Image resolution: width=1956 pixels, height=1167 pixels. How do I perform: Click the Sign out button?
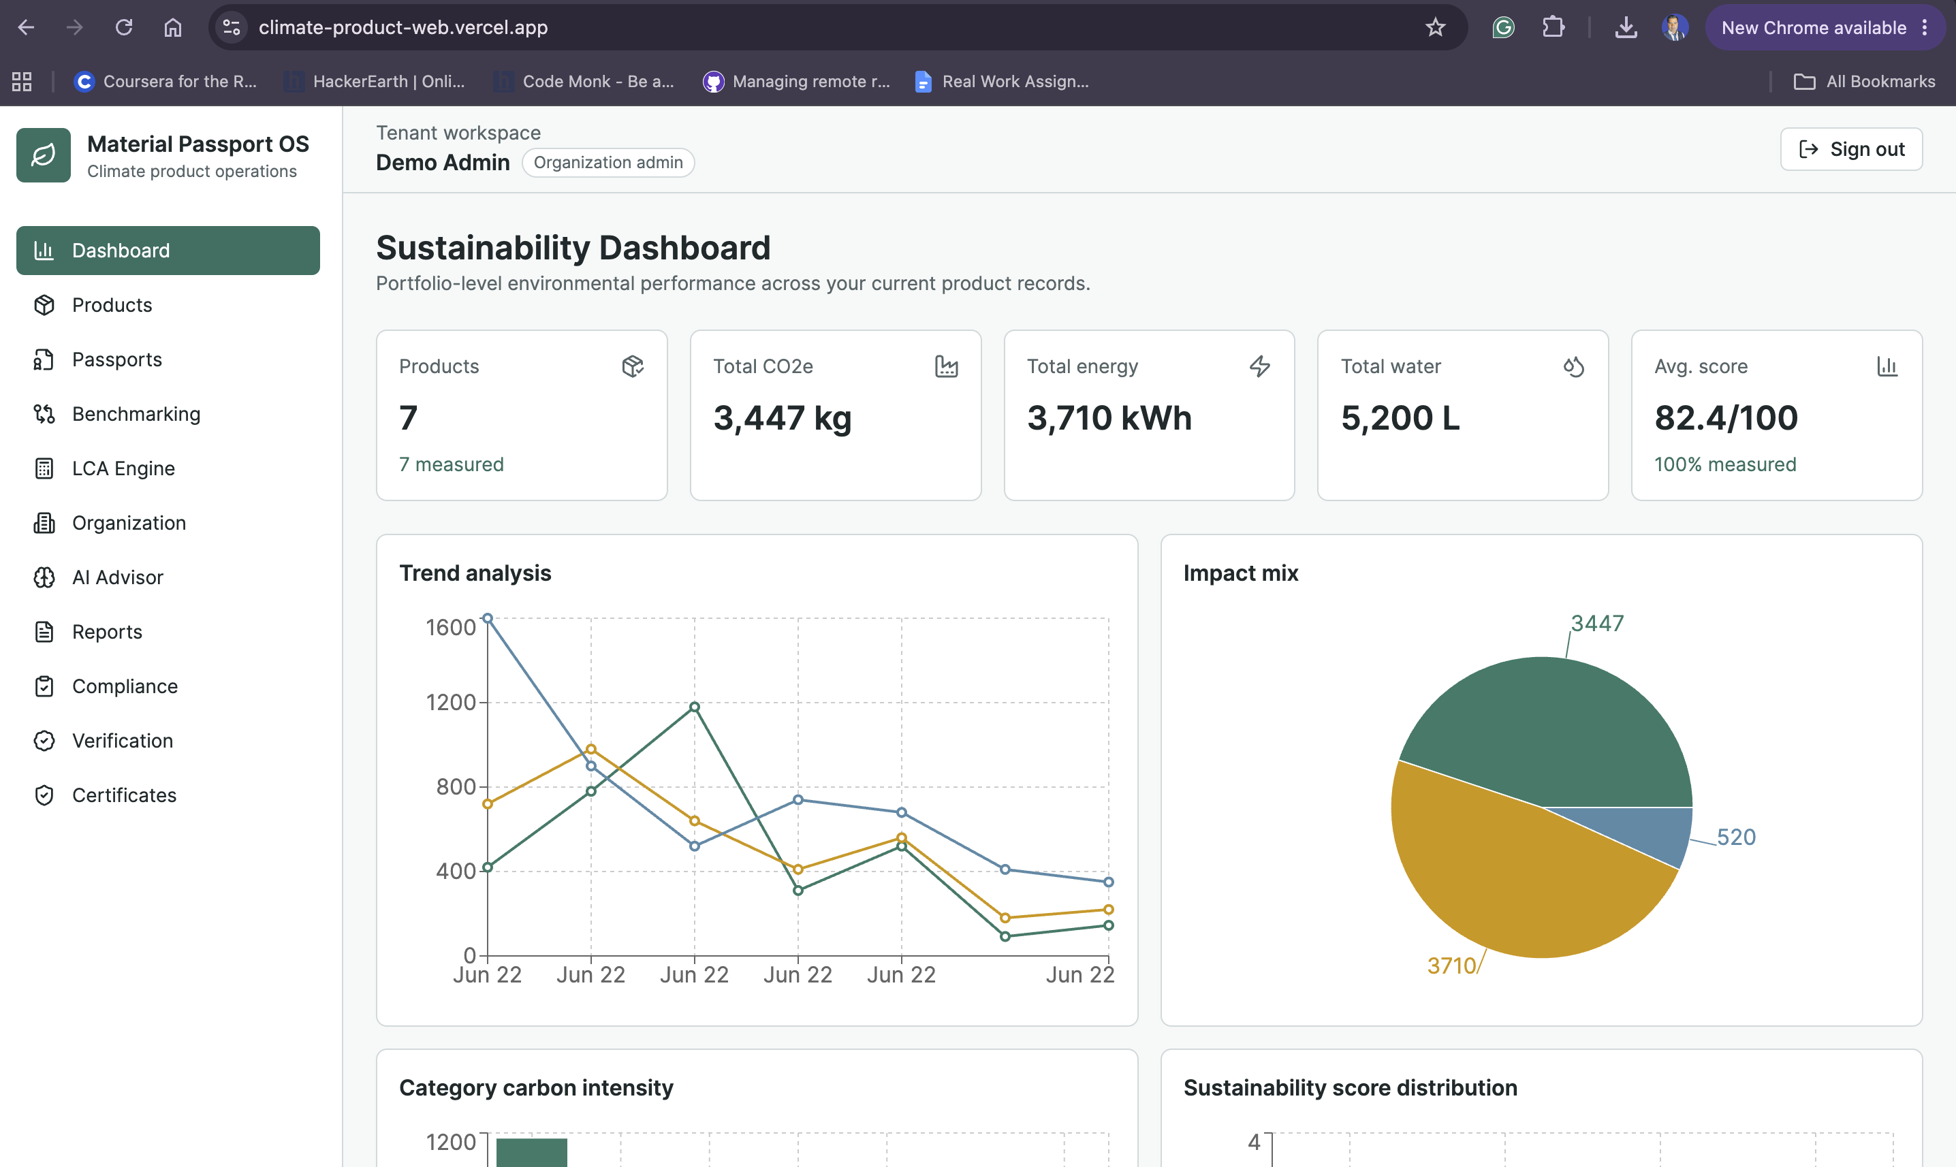click(1850, 149)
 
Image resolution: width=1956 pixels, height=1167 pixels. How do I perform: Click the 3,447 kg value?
click(782, 418)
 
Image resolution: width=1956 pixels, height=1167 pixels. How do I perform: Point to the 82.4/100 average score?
click(1726, 417)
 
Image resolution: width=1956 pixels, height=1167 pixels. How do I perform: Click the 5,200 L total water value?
click(1400, 417)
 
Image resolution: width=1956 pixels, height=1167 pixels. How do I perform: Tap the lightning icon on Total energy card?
click(1259, 366)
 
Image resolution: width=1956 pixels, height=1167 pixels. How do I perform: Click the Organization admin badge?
click(608, 163)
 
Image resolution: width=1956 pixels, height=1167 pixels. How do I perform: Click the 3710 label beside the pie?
click(1451, 965)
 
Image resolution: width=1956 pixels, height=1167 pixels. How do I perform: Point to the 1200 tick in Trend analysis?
click(451, 702)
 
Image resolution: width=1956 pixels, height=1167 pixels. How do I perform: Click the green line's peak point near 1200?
click(695, 707)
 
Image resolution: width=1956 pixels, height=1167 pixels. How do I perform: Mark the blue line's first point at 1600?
click(488, 619)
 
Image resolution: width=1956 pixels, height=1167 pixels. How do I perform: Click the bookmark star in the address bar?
click(1436, 27)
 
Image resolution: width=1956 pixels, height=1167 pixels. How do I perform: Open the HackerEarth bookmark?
click(375, 81)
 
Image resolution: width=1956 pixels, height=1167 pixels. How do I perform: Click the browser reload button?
click(123, 27)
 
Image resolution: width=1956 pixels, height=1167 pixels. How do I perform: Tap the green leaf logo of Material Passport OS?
click(44, 155)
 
